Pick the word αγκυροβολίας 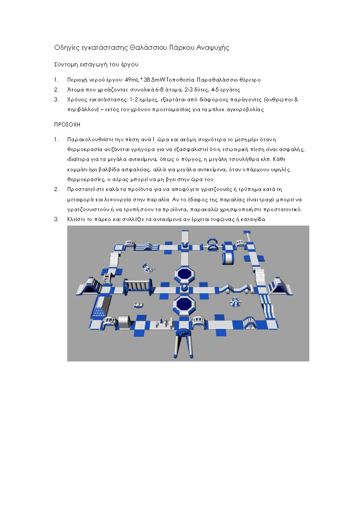pos(246,109)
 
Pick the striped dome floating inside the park pos(235,303)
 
